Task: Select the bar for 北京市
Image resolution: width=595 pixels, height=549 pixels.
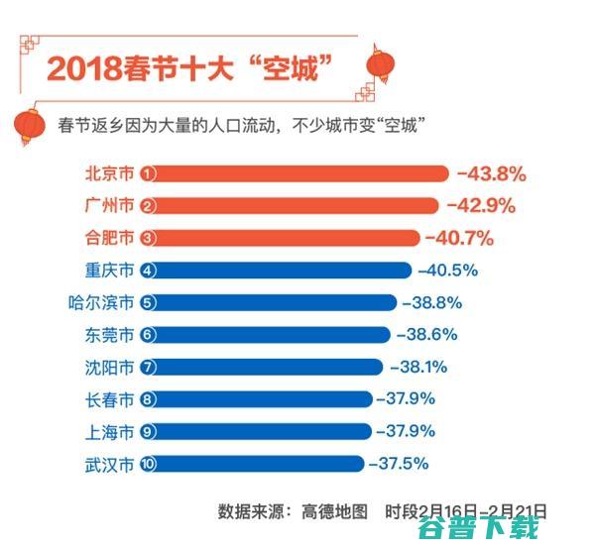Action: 297,174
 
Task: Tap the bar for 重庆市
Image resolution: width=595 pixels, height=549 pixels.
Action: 278,271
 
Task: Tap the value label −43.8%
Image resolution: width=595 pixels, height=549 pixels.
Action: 491,174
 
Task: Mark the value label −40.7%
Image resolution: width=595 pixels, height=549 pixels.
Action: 459,238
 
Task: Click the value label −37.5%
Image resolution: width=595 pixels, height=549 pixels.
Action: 402,463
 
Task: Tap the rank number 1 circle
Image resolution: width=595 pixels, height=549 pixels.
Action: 148,174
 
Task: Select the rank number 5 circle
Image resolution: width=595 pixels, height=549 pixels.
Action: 148,302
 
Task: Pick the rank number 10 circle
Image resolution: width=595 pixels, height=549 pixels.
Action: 148,463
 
